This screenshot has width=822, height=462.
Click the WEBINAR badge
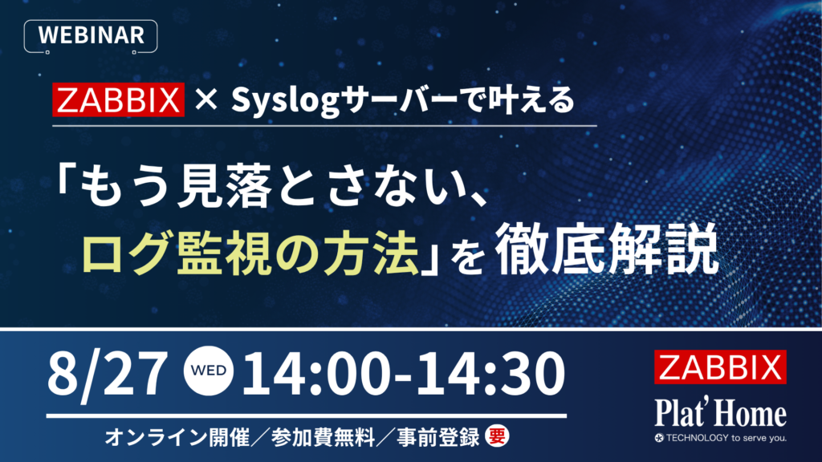pyautogui.click(x=91, y=35)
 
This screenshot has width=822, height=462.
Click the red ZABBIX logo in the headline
pyautogui.click(x=119, y=99)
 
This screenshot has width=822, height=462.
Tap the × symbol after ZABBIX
pyautogui.click(x=206, y=99)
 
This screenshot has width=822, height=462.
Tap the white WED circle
pyautogui.click(x=209, y=371)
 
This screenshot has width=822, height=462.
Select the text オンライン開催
pyautogui.click(x=177, y=437)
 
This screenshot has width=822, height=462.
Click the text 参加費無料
pyautogui.click(x=323, y=437)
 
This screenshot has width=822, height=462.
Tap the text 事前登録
pyautogui.click(x=437, y=437)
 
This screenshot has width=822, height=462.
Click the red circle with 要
pyautogui.click(x=496, y=436)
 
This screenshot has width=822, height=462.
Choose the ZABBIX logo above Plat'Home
pyautogui.click(x=720, y=367)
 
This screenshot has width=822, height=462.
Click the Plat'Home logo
pyautogui.click(x=720, y=413)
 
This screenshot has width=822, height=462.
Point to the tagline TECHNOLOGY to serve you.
pyautogui.click(x=721, y=438)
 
